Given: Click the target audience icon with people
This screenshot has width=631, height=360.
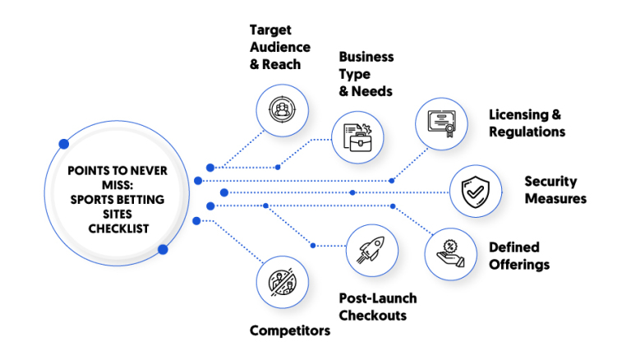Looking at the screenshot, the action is pos(282,109).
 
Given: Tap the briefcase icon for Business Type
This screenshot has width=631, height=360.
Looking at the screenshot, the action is pos(357,138).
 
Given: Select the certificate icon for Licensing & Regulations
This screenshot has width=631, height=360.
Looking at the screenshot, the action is pos(441,123).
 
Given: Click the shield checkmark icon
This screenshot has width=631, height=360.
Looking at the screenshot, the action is pos(475,192).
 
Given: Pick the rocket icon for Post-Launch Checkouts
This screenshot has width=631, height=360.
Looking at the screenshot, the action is pos(372,250).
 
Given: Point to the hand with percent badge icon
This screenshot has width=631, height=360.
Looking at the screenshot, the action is pos(451,254).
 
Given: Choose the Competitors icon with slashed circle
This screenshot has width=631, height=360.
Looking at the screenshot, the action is pos(282,282).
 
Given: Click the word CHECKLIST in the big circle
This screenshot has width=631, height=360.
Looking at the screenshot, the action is pos(118,228).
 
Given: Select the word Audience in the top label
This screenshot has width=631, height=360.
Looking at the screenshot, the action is pos(280,47).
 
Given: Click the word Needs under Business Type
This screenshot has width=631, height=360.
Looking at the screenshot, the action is pos(372,91).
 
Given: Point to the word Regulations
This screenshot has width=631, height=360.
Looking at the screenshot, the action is pos(527,132).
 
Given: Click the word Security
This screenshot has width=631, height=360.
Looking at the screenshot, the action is pos(550,182).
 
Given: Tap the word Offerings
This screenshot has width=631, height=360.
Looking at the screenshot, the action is pos(519,265).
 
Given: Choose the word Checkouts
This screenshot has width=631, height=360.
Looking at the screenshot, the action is pos(373,316).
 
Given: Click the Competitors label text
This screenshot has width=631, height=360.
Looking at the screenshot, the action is pos(290,331).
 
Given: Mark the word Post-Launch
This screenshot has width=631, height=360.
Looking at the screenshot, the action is pos(378,298).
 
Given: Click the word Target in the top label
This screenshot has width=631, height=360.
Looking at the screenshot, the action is pos(270,30).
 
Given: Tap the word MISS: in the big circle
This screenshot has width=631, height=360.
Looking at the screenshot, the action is pos(117,185).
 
